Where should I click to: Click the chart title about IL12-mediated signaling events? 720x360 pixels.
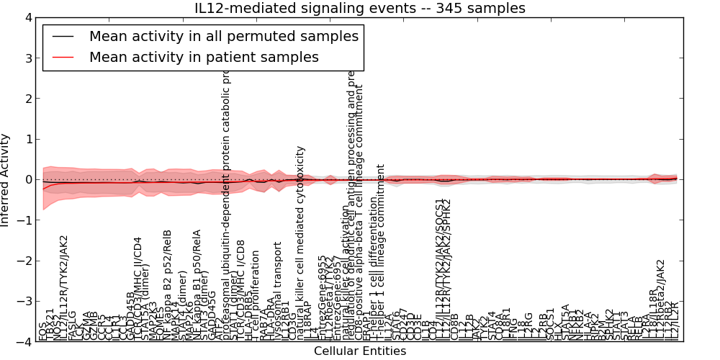[x=359, y=8]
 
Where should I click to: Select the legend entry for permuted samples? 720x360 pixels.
[x=223, y=35]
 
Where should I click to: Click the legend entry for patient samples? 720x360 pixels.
[x=204, y=57]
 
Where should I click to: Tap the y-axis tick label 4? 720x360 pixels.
[x=28, y=18]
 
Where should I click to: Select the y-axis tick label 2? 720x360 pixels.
[x=28, y=99]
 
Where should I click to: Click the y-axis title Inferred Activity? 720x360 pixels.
[x=6, y=180]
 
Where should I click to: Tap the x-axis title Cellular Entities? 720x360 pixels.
[x=359, y=351]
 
